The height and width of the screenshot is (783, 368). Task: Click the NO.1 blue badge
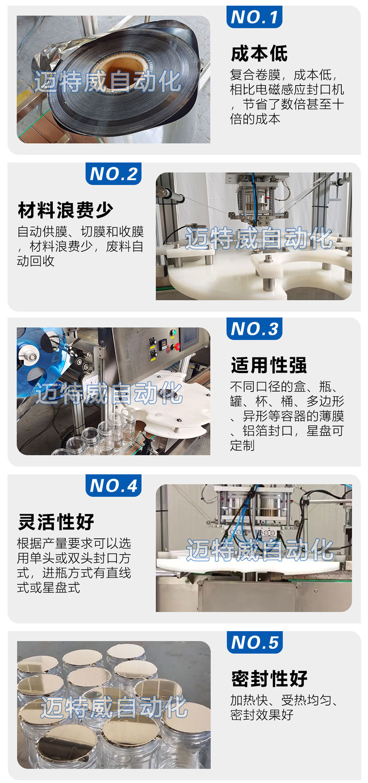(x=254, y=17)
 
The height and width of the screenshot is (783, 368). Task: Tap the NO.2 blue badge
(x=114, y=174)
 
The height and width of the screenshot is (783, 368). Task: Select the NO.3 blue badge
(x=254, y=328)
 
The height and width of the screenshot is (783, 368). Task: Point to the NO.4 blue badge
(x=114, y=485)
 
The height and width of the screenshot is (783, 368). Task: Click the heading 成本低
(x=259, y=54)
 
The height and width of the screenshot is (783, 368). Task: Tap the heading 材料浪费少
(x=66, y=210)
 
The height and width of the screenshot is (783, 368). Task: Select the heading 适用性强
(x=269, y=365)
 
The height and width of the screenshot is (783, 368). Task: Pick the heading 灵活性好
(x=56, y=522)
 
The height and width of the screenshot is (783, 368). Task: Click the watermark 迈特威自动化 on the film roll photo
(x=107, y=81)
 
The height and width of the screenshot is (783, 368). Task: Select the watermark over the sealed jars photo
(x=114, y=707)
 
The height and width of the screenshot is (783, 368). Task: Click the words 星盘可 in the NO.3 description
(x=325, y=431)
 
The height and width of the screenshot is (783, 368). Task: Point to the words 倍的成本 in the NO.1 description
(x=255, y=119)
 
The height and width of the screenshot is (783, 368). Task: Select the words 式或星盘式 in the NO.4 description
(x=49, y=587)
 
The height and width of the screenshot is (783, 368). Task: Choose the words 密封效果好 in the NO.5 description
(x=262, y=715)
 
